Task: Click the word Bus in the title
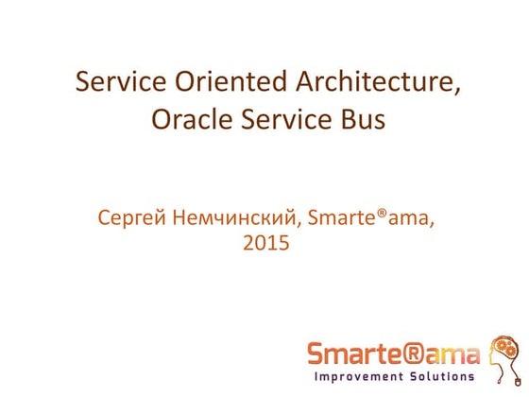click(359, 121)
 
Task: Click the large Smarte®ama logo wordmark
click(393, 354)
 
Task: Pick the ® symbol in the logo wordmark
click(422, 354)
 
